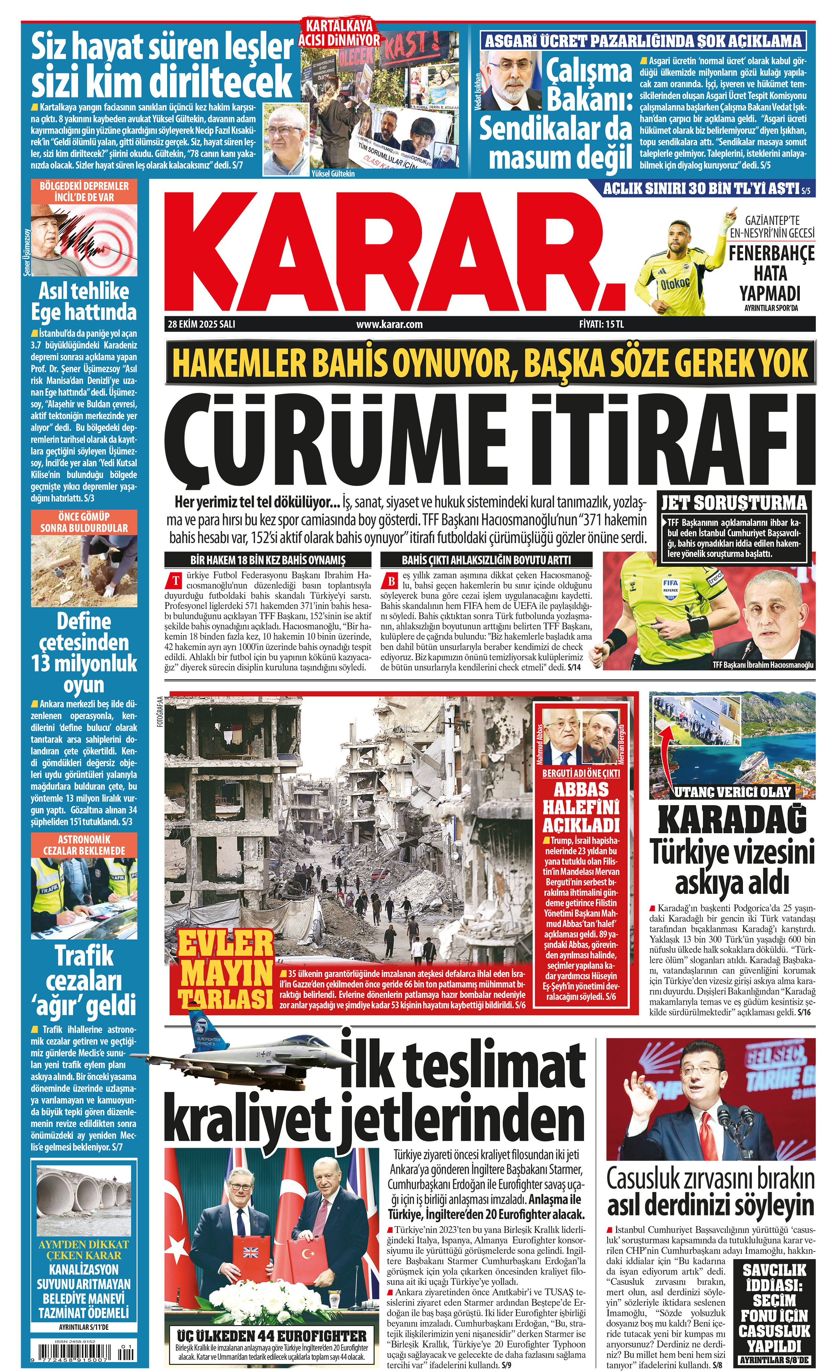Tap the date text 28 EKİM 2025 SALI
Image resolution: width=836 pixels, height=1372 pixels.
tap(202, 324)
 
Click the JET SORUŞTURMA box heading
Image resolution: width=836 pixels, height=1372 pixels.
tap(734, 503)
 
